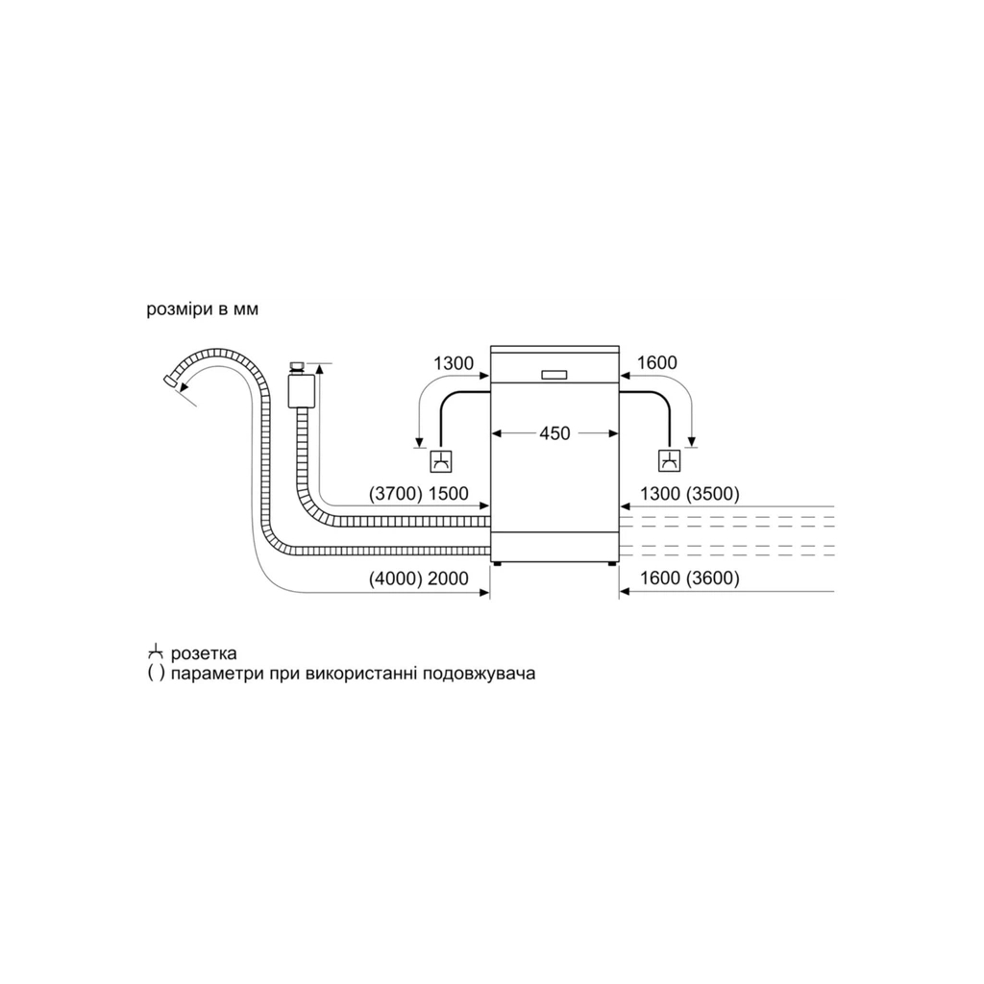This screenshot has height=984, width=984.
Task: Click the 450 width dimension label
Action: point(553,433)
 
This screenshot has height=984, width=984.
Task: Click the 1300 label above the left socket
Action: point(454,363)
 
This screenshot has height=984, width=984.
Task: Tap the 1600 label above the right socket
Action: point(657,363)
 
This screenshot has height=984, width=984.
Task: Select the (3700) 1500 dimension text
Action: point(418,494)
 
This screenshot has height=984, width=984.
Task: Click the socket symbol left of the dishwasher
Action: point(441,461)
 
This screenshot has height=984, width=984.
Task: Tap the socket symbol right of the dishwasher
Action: point(668,461)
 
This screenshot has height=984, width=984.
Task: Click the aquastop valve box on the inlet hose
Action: point(304,390)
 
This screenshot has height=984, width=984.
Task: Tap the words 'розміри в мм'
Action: point(202,309)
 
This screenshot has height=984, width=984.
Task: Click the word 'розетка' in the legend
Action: point(204,654)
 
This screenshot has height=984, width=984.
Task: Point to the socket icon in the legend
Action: point(156,653)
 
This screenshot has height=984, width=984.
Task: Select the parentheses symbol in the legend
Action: point(156,674)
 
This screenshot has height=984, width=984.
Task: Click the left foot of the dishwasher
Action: point(497,565)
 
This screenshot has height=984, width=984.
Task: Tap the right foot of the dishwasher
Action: point(611,565)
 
